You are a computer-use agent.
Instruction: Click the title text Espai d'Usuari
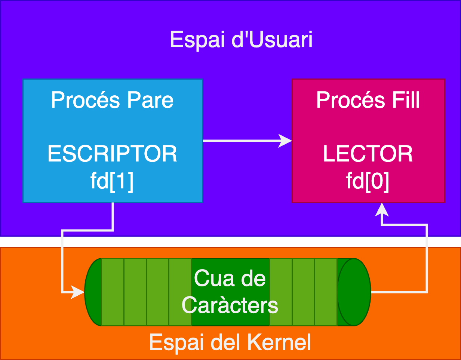(241, 40)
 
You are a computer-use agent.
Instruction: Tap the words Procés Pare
(112, 100)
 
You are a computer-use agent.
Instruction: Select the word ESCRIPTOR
(112, 154)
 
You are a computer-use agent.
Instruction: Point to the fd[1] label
(112, 181)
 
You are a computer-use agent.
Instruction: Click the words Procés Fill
(368, 100)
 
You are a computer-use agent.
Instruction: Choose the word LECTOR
(368, 154)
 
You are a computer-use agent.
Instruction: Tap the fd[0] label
(368, 181)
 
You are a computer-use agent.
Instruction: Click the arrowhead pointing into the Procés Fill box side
(286, 141)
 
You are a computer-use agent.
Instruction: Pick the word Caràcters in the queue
(230, 305)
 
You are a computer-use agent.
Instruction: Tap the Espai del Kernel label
(230, 342)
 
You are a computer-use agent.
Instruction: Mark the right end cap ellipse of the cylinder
(354, 292)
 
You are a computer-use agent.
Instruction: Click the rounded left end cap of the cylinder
(93, 292)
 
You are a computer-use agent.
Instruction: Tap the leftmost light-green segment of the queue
(113, 292)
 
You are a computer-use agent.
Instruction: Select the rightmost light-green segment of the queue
(326, 292)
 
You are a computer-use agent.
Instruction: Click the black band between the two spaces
(230, 241)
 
